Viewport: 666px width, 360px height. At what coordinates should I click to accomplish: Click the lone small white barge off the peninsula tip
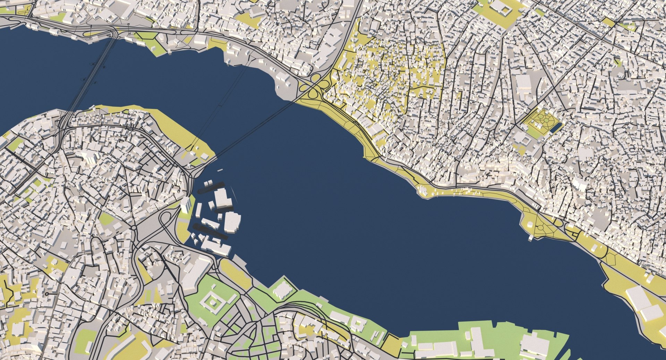pos(220,170)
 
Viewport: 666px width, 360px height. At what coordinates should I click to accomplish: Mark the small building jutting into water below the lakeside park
pos(531,238)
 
